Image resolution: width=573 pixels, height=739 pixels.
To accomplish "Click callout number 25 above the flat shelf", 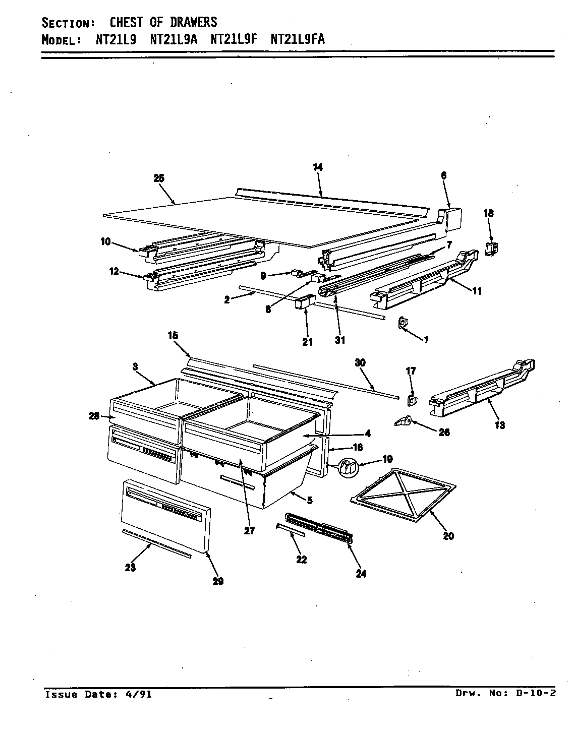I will click(x=158, y=178).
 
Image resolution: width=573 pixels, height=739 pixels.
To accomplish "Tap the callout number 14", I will click(x=317, y=168).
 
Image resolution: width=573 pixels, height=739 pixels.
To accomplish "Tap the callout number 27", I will click(x=249, y=530).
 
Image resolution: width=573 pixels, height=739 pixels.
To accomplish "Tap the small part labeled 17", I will click(x=411, y=400).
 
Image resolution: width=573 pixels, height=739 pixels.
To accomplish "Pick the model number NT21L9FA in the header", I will click(x=298, y=40).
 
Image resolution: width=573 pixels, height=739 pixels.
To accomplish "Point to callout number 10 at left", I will click(x=105, y=242).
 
